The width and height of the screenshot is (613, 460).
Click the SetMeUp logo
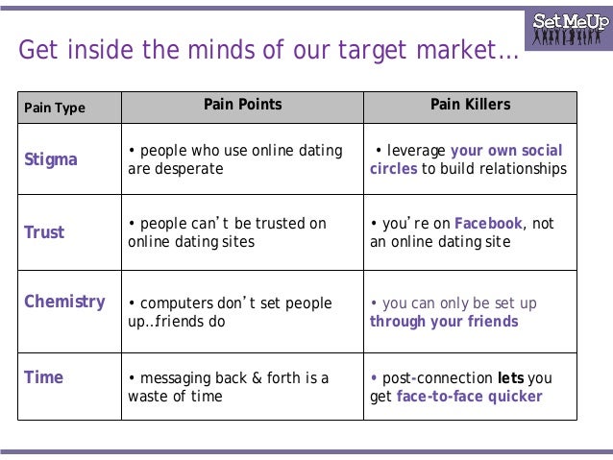point(570,28)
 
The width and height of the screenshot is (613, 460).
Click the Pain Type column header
point(55,108)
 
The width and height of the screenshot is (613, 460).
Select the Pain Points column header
point(242,104)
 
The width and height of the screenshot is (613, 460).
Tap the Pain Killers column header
point(471,104)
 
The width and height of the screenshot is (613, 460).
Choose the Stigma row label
point(50,159)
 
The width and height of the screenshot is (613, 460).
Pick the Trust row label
point(43,231)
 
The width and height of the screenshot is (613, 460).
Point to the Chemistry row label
point(64,302)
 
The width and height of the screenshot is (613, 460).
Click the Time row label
point(43,377)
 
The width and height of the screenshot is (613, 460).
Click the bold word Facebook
point(489,223)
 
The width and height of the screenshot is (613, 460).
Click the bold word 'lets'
point(510,378)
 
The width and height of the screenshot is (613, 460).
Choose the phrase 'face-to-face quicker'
point(469,397)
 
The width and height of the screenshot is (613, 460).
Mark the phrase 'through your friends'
point(444,322)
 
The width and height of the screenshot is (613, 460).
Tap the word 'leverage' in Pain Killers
point(416,151)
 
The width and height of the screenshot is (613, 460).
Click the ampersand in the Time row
point(255,378)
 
